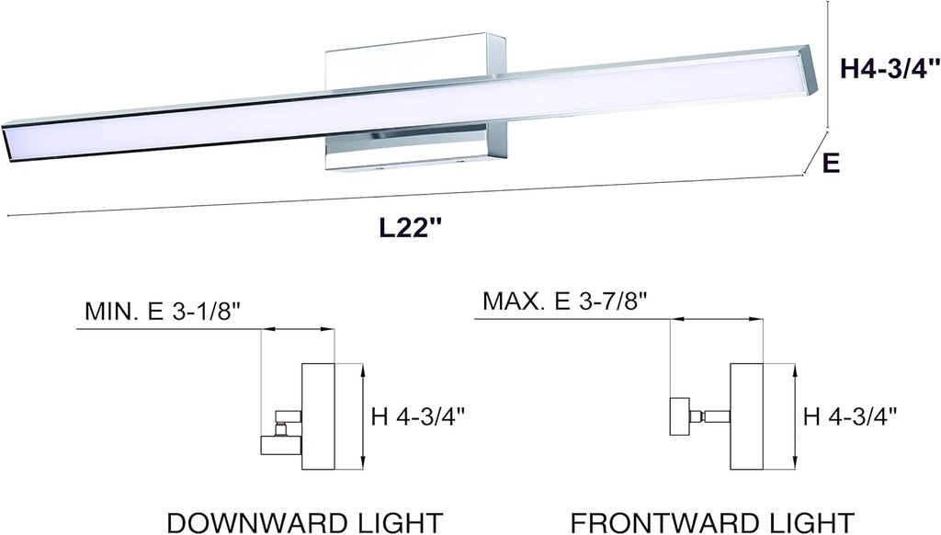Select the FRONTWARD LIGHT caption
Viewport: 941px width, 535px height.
(714, 520)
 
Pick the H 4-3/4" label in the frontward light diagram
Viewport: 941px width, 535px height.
(849, 415)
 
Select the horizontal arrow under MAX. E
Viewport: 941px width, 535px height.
(716, 320)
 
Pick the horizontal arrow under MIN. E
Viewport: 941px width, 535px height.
(298, 329)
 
